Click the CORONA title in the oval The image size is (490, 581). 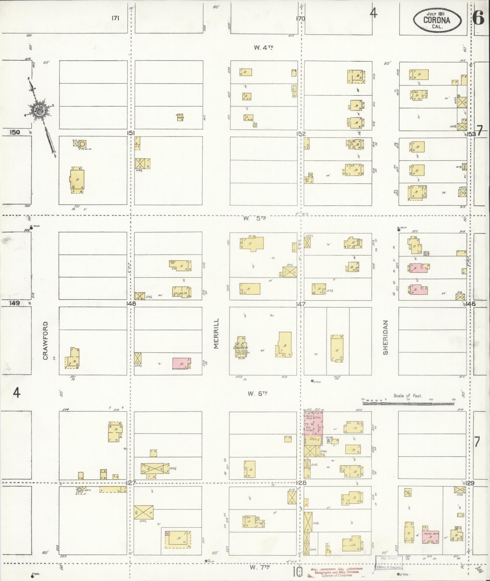point(437,20)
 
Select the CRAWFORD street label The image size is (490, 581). point(46,341)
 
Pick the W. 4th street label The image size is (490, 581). point(263,47)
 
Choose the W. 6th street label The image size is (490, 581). point(257,394)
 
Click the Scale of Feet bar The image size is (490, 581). point(408,403)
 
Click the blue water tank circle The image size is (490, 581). point(79,489)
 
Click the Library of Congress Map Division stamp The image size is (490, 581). point(389,562)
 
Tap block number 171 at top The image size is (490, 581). point(115,18)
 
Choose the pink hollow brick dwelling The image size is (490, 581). point(430,538)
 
